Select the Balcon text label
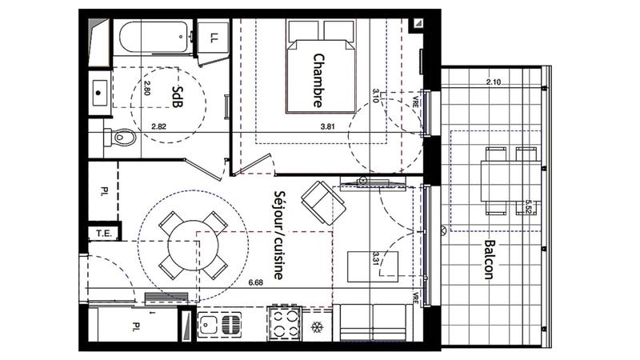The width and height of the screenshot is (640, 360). tap(489, 260)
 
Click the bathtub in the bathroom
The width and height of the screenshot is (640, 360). tap(152, 38)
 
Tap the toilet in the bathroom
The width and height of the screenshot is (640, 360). tap(118, 138)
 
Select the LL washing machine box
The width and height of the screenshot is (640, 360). tap(214, 37)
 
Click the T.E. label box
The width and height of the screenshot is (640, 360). tap(103, 234)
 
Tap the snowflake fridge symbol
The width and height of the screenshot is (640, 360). tap(317, 328)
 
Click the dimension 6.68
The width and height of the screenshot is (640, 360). tap(256, 282)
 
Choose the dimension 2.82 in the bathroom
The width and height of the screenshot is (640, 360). tap(159, 127)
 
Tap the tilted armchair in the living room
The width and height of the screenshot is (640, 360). tap(321, 202)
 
